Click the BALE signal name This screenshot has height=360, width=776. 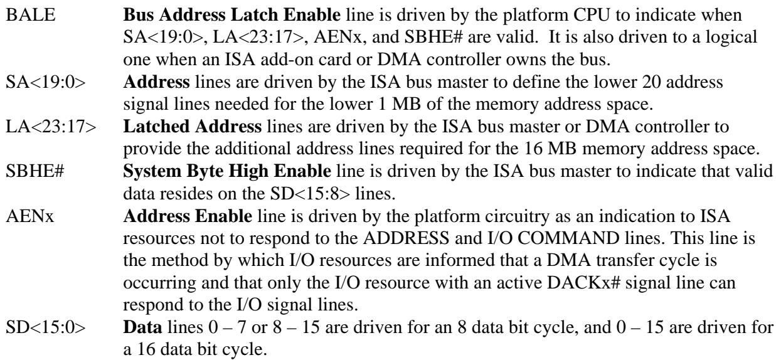(x=31, y=15)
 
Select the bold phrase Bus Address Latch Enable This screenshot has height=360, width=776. (x=231, y=15)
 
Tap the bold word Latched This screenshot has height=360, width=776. (x=156, y=127)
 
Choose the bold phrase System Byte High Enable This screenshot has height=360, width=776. (x=227, y=171)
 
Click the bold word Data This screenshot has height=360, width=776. (x=142, y=327)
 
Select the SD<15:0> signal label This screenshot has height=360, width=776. (x=45, y=327)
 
